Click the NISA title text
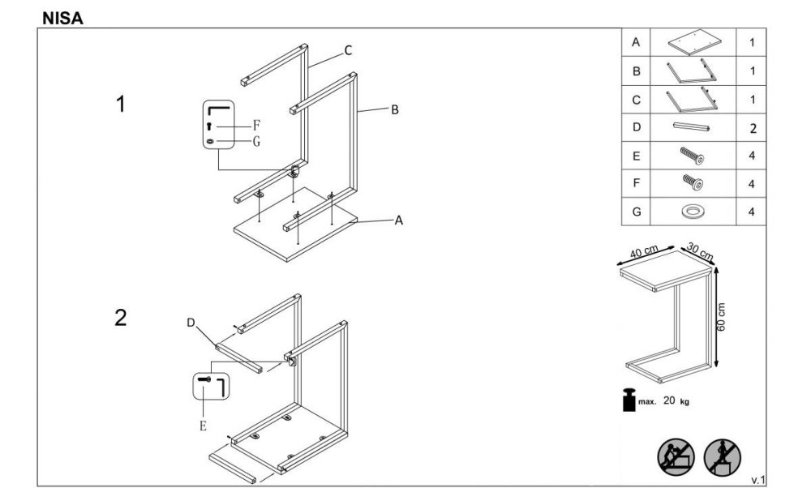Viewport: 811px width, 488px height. (62, 16)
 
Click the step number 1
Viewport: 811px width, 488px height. (121, 105)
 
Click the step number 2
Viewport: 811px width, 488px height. (121, 317)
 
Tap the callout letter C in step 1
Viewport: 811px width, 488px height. (347, 51)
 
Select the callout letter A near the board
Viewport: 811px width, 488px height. (398, 220)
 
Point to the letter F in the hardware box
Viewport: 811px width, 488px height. (255, 126)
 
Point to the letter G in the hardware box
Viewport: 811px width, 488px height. (255, 142)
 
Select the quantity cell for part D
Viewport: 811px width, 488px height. (752, 128)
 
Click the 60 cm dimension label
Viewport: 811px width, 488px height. (723, 317)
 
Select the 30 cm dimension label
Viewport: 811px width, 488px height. (700, 252)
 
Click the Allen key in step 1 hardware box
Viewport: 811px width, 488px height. (218, 109)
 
